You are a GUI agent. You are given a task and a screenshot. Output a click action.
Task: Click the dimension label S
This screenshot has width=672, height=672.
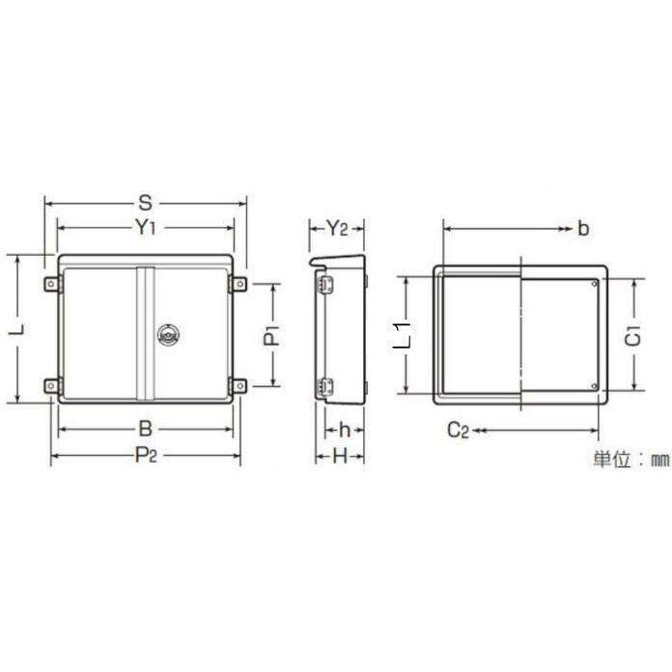point(146,203)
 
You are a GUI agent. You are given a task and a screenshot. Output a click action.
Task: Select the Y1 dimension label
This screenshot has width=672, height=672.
point(146,227)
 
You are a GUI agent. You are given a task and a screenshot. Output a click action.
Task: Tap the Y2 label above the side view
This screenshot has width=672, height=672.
point(337,229)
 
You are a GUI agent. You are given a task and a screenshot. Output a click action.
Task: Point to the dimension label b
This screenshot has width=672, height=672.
point(583,229)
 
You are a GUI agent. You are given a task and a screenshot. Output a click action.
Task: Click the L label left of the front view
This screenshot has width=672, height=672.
point(17,329)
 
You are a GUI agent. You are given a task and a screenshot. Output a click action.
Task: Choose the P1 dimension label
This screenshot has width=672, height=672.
point(271,336)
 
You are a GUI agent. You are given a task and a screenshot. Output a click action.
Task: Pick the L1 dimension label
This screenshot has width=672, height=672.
point(403,334)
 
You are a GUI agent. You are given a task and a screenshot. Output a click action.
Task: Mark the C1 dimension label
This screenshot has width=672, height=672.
point(632,336)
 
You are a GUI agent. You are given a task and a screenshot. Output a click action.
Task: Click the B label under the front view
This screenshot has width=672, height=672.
point(146,429)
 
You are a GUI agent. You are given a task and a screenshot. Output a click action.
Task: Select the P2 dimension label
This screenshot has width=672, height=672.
point(146,455)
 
